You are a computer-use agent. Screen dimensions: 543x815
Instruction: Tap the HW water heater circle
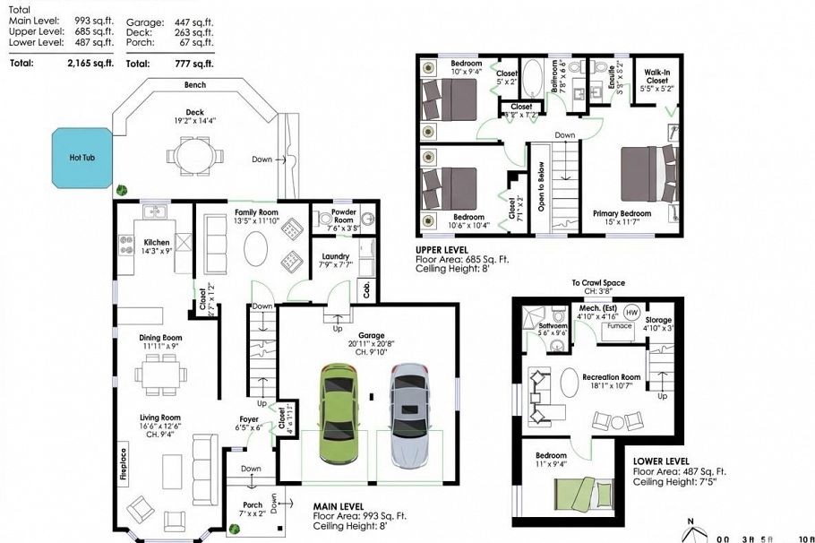(631, 313)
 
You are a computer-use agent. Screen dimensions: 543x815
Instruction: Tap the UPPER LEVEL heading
(445, 250)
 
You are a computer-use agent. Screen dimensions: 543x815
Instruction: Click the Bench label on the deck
(195, 85)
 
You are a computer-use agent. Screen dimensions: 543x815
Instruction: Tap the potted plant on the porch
(234, 529)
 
